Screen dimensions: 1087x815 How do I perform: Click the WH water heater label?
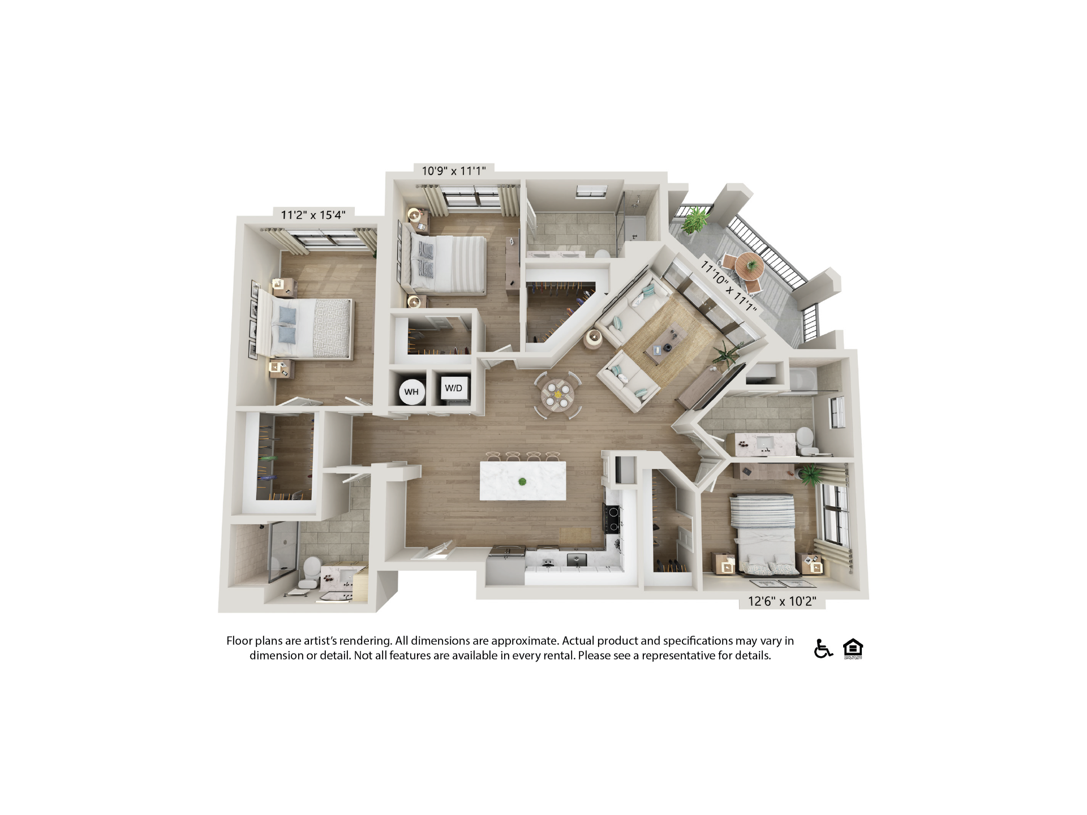pos(411,392)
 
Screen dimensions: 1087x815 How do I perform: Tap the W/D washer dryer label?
pos(453,388)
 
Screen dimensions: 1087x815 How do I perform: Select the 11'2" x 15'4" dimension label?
pos(313,215)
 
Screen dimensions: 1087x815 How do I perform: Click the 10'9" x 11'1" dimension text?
pos(454,171)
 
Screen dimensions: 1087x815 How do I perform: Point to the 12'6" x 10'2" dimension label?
pos(782,601)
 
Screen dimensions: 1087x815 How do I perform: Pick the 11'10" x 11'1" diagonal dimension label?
pos(728,286)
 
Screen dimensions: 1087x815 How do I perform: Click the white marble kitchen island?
pos(523,481)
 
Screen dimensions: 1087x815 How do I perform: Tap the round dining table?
pos(557,394)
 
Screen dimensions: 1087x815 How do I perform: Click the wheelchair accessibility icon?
pos(823,648)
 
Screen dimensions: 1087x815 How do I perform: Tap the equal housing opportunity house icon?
pos(853,648)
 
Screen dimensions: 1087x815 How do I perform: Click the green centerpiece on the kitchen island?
pos(522,482)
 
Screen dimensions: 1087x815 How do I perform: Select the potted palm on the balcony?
pos(695,219)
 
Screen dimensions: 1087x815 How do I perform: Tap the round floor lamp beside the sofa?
pos(593,338)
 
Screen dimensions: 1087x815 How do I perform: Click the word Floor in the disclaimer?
pos(239,641)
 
